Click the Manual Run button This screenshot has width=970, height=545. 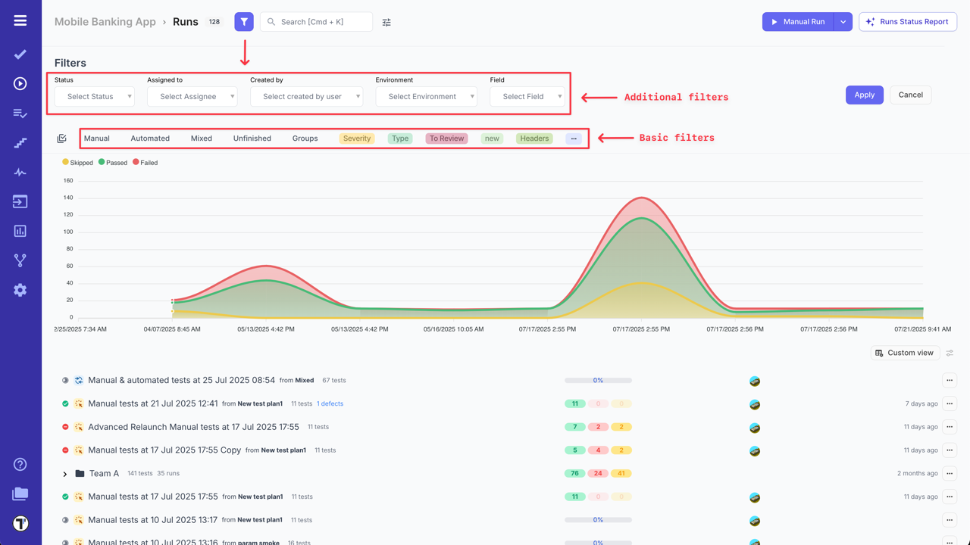pyautogui.click(x=797, y=22)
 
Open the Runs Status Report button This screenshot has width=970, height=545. pyautogui.click(x=908, y=22)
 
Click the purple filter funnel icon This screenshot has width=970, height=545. pyautogui.click(x=244, y=22)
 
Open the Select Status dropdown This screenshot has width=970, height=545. pyautogui.click(x=95, y=97)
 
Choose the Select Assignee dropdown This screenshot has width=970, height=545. pyautogui.click(x=192, y=97)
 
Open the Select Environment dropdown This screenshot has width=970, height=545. pyautogui.click(x=427, y=97)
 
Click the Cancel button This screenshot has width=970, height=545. pyautogui.click(x=910, y=95)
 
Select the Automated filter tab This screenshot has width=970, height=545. pyautogui.click(x=150, y=139)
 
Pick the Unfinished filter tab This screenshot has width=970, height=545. pyautogui.click(x=252, y=139)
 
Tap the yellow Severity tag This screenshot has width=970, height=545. pyautogui.click(x=357, y=139)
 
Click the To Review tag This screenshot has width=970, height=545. pyautogui.click(x=446, y=139)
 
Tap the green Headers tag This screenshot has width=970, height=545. pyautogui.click(x=534, y=139)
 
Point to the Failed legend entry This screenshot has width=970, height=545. pyautogui.click(x=145, y=163)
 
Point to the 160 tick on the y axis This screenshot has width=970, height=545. pyautogui.click(x=68, y=181)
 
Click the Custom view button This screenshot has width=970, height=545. pyautogui.click(x=905, y=353)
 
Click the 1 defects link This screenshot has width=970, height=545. pyautogui.click(x=330, y=404)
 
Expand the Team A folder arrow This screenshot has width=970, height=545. pyautogui.click(x=65, y=474)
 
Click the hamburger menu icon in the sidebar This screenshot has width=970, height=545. pyautogui.click(x=20, y=20)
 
